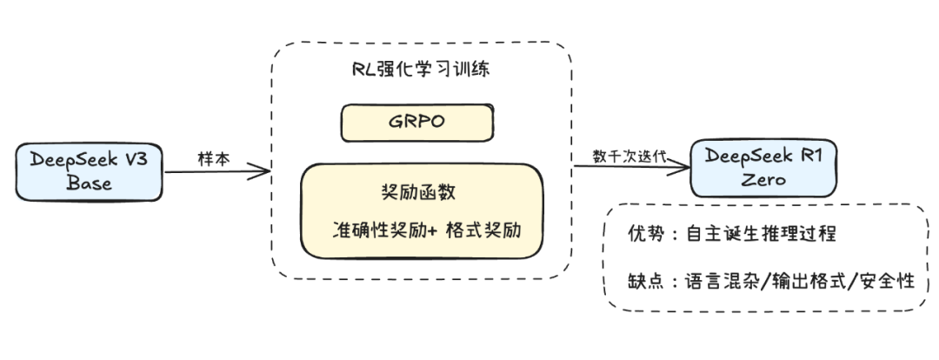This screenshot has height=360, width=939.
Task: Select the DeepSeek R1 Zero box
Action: pyautogui.click(x=763, y=168)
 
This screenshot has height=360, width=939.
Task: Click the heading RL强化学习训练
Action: pyautogui.click(x=422, y=70)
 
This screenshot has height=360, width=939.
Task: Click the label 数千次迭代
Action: pyautogui.click(x=629, y=156)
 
